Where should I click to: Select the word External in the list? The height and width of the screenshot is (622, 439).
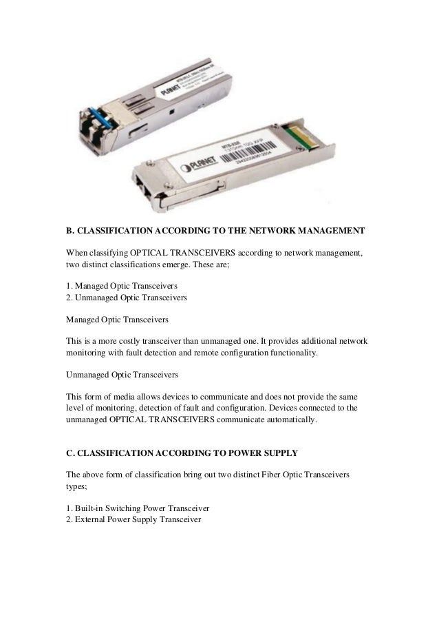tap(94, 520)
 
